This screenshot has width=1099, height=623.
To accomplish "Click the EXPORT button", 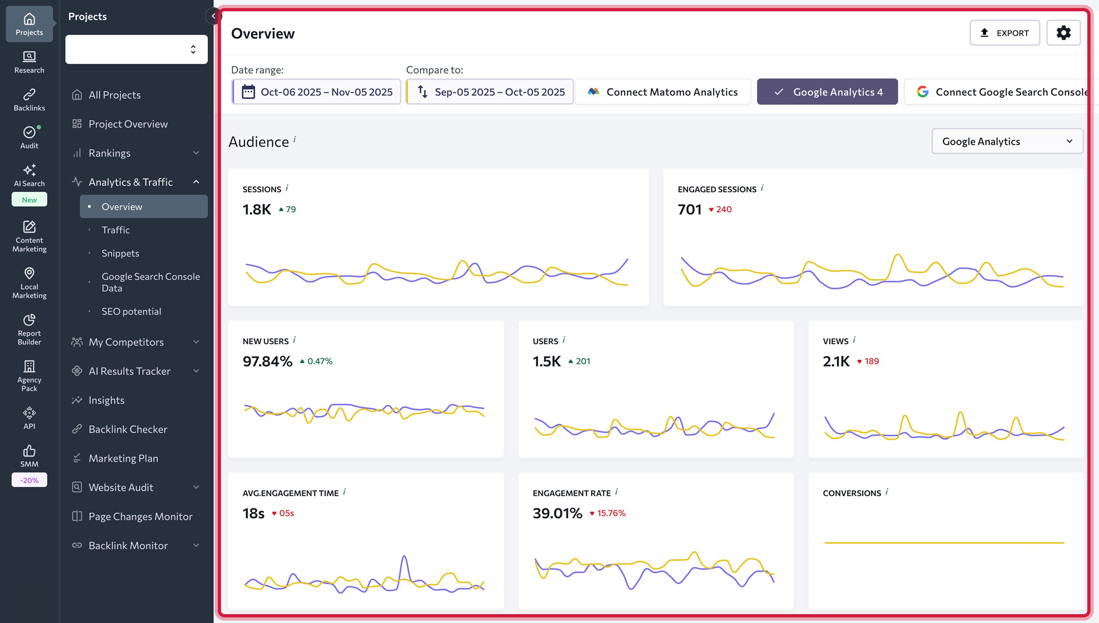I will tap(1004, 33).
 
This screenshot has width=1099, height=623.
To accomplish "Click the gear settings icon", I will tap(1063, 33).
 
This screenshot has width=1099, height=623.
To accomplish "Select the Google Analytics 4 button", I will tap(827, 91).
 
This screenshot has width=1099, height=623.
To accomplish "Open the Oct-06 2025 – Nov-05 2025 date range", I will tap(316, 91).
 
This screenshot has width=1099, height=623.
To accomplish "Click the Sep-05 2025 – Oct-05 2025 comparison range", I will tap(490, 91).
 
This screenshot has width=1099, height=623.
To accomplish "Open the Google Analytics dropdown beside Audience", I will tap(1007, 141).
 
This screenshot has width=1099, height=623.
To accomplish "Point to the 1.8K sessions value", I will tap(256, 210).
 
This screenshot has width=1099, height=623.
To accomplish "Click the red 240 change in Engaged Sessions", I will tap(723, 209).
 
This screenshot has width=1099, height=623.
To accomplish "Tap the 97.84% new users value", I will tap(267, 362).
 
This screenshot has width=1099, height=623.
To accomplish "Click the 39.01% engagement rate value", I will tap(557, 513).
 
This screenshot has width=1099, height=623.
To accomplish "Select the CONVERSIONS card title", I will tap(851, 493).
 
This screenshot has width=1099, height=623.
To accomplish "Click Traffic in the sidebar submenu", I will tap(116, 230).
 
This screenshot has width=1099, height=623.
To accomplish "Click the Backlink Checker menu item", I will tap(128, 429).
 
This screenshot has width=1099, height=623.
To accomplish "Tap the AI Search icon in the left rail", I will tap(29, 171).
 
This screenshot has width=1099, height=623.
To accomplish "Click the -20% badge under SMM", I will tap(29, 480).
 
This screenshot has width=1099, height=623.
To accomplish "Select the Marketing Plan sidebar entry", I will tap(123, 458).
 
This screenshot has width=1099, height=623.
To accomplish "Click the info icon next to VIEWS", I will tap(854, 340).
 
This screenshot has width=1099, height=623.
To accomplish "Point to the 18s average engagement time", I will tap(253, 513).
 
